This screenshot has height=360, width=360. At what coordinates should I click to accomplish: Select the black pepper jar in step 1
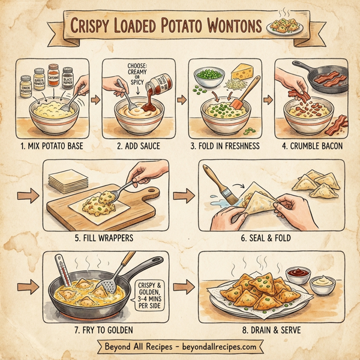pyautogui.click(x=67, y=79)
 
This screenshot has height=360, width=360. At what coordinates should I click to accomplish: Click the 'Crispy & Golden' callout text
pyautogui.click(x=152, y=293)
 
